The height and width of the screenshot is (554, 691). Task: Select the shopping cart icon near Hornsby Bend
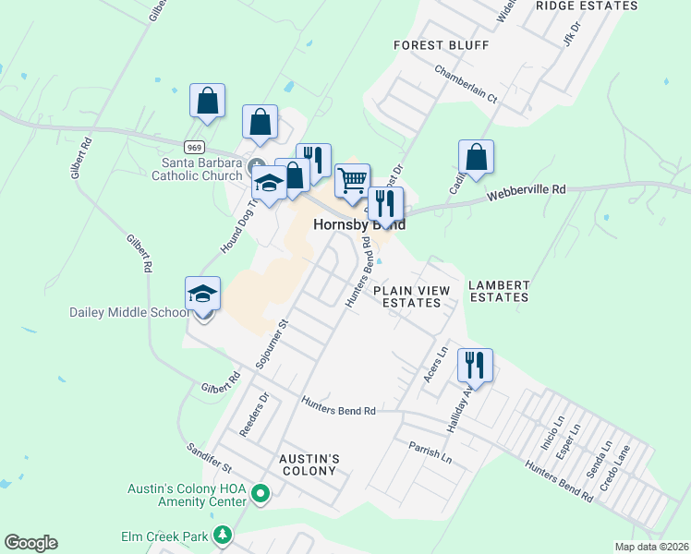tap(352, 182)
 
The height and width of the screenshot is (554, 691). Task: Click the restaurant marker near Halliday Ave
tap(475, 366)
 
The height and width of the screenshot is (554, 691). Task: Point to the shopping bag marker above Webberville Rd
tap(476, 158)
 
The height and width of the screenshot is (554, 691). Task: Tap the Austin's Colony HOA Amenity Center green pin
tap(260, 495)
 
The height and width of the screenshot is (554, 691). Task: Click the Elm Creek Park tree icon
tap(222, 536)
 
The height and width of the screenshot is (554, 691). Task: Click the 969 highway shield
tap(194, 147)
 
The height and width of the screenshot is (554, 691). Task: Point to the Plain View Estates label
tap(412, 296)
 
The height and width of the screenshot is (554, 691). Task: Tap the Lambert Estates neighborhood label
tap(498, 291)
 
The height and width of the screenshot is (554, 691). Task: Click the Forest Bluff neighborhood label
tap(441, 44)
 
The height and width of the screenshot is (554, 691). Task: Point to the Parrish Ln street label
tap(430, 452)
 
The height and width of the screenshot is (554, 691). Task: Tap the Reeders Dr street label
tap(256, 415)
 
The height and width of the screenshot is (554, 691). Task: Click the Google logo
tap(30, 542)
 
